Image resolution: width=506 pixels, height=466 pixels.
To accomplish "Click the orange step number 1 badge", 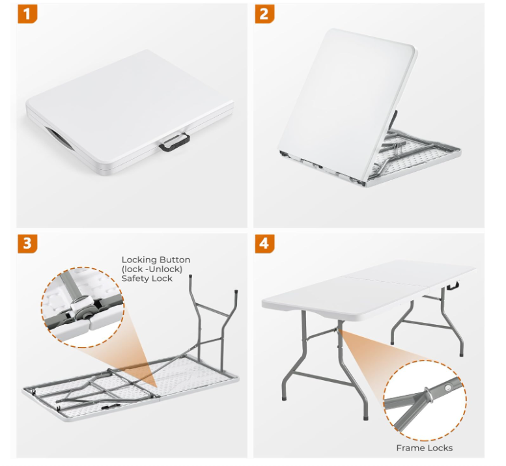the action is click(27, 14).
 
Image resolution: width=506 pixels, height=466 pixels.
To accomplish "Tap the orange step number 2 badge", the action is click(264, 14).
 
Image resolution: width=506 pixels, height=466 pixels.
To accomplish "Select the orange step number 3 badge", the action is click(27, 243).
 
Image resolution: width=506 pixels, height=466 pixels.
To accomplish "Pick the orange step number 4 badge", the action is click(264, 243).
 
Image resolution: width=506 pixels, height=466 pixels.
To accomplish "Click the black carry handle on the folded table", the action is click(175, 143).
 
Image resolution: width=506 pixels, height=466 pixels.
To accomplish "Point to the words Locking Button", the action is click(156, 260).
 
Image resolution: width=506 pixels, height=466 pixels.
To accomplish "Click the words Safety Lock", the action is click(147, 279).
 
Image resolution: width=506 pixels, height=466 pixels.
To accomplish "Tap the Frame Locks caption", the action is click(425, 448).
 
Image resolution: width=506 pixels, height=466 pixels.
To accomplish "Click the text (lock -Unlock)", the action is click(152, 269).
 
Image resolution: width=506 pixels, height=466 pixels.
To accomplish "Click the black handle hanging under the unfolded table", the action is click(454, 285).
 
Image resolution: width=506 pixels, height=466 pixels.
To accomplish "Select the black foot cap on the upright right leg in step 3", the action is click(236, 291).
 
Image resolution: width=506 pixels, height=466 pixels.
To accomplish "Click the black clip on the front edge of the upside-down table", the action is click(107, 408).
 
